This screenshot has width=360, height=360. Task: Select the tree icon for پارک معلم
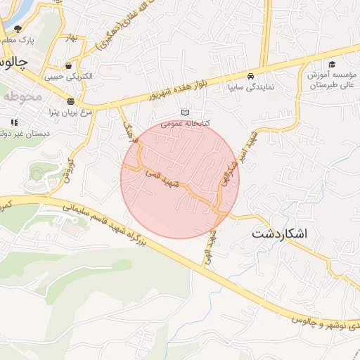pos(18,29)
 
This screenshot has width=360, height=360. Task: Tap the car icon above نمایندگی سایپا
pos(251,76)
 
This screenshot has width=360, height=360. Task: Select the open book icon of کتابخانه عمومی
pos(186,112)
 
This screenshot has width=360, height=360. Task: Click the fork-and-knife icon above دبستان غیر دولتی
pos(14,123)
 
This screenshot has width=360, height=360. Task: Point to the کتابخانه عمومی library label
pos(186,122)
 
